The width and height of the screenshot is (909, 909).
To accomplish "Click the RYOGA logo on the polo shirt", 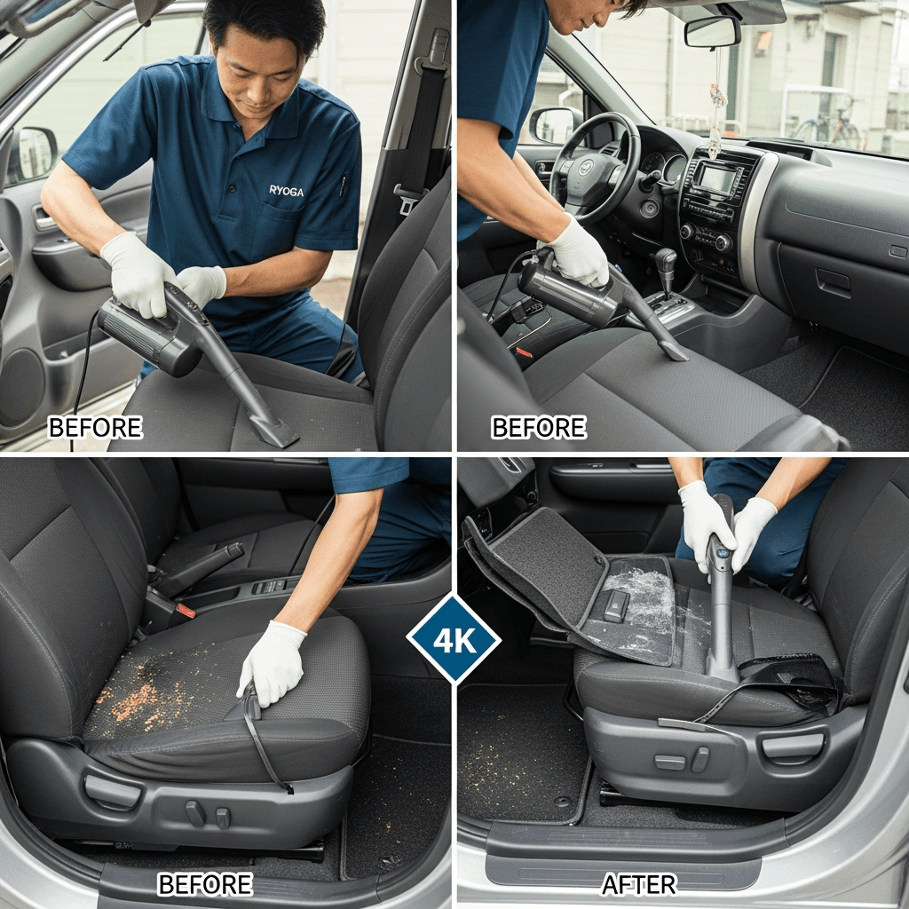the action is point(287,190).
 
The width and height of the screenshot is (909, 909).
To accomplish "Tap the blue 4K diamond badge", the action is point(454,639).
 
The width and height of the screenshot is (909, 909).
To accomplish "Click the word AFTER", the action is point(639,885).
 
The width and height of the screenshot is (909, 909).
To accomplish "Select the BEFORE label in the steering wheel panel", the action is point(539,427).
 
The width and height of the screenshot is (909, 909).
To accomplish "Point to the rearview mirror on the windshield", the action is point(713,32).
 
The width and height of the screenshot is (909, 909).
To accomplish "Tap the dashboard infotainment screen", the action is point(717,179).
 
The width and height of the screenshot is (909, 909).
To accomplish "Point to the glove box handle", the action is point(834,282).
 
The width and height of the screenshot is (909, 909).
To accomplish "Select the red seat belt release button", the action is point(185,611).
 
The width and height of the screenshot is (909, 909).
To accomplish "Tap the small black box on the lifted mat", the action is point(616,605).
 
